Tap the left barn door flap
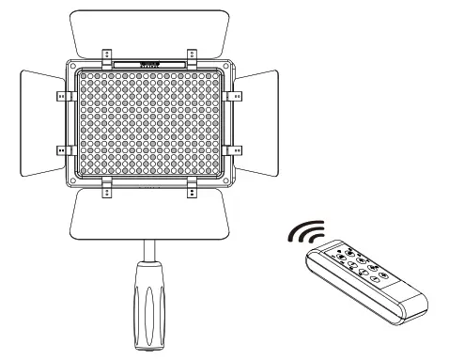tap(41, 122)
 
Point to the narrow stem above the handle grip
tap(150, 248)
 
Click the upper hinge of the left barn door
tap(63, 95)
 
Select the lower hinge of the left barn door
tap(63, 149)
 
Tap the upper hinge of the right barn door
tap(238, 95)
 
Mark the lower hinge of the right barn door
tap(238, 149)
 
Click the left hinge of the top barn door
tap(106, 54)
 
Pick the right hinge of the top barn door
tap(192, 54)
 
